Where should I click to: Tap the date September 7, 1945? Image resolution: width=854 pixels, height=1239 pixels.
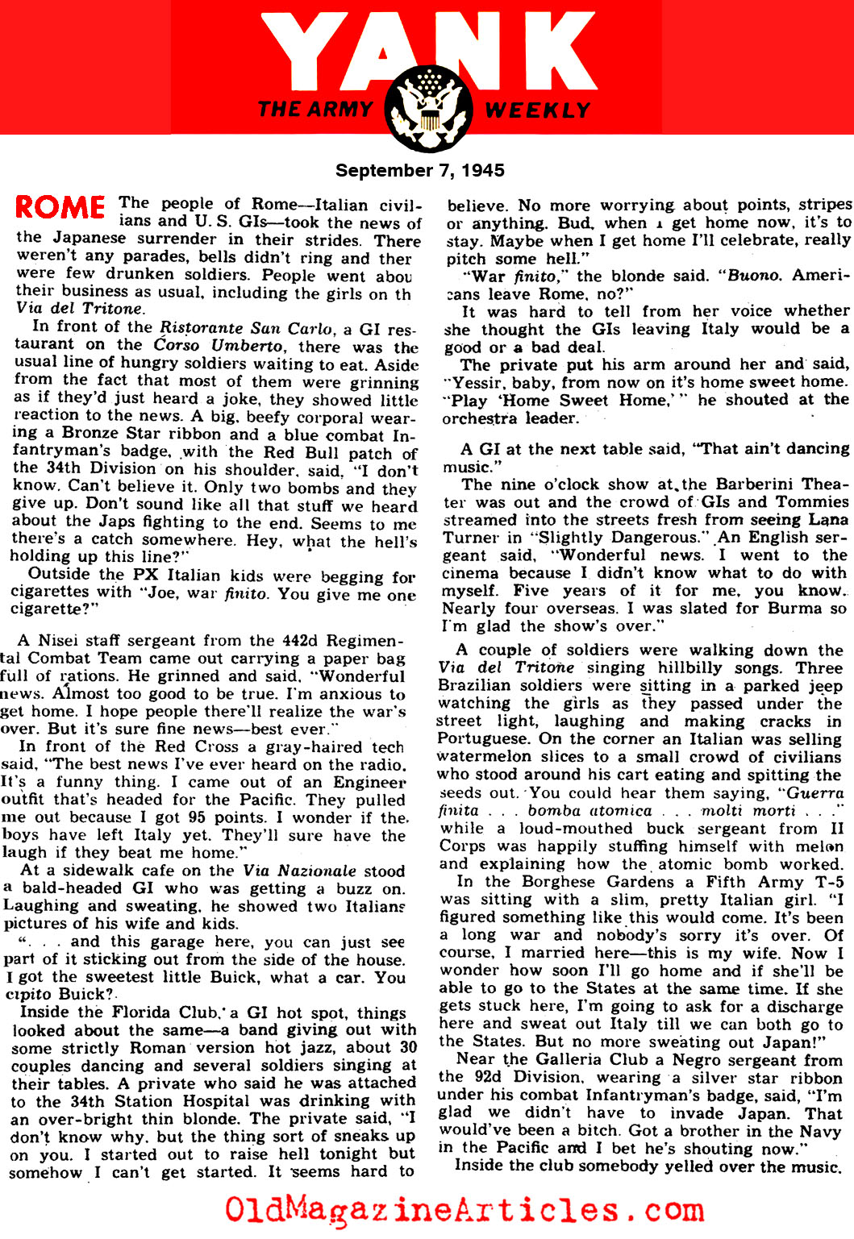pos(419,170)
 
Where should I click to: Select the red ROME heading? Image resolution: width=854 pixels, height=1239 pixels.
pos(60,208)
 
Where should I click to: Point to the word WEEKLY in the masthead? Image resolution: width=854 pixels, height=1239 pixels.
pos(538,110)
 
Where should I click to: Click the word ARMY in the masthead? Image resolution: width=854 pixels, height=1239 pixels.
pos(336,109)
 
